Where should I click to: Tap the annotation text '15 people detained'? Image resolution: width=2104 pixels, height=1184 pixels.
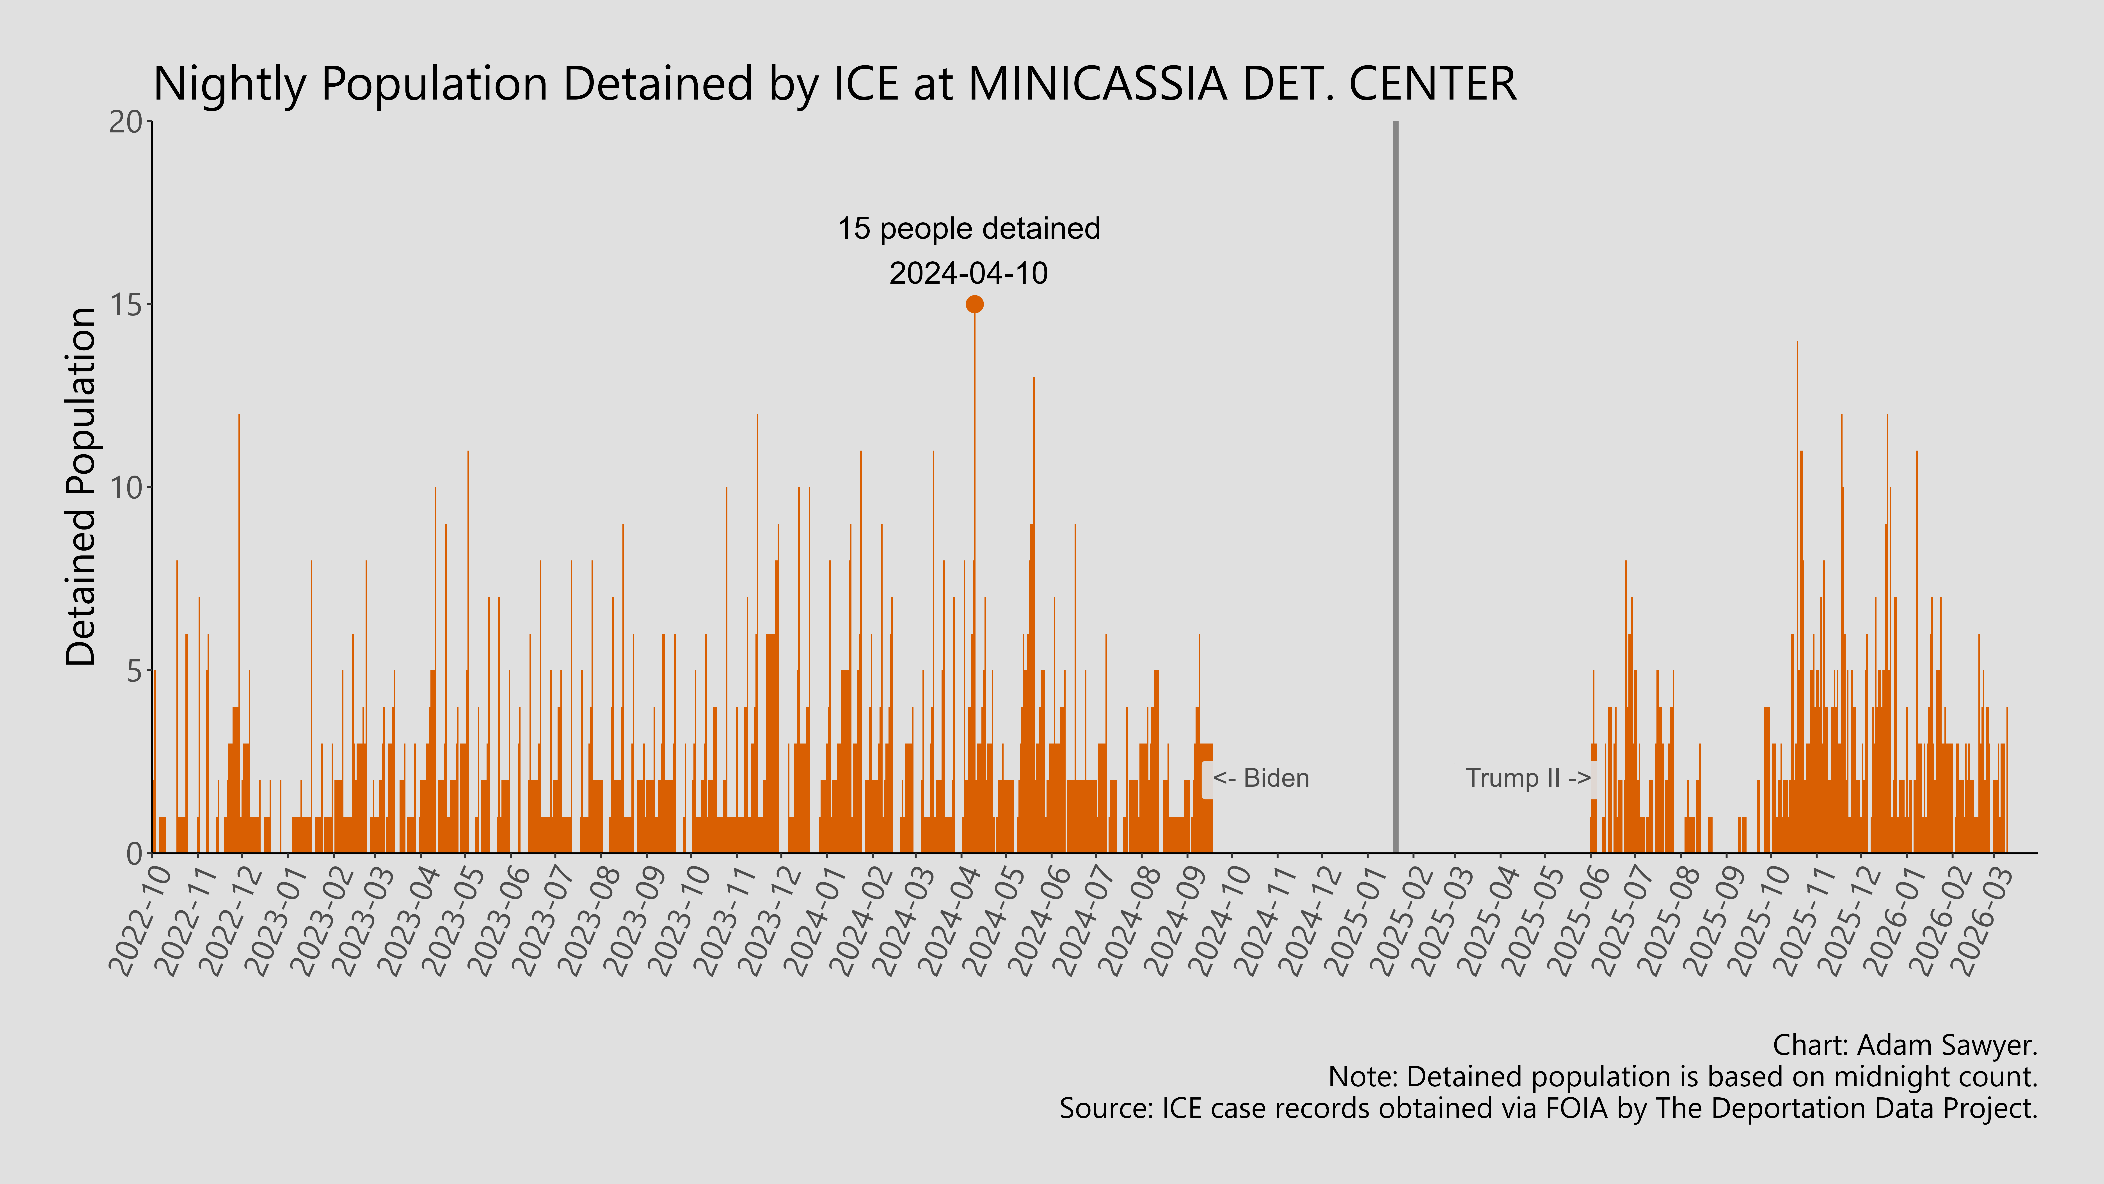pyautogui.click(x=969, y=229)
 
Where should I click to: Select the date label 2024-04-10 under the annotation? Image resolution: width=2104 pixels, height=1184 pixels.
pyautogui.click(x=969, y=273)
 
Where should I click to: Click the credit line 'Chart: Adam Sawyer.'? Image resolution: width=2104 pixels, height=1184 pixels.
pyautogui.click(x=1905, y=1045)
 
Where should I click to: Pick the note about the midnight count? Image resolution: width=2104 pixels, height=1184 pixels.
pyautogui.click(x=1683, y=1077)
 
